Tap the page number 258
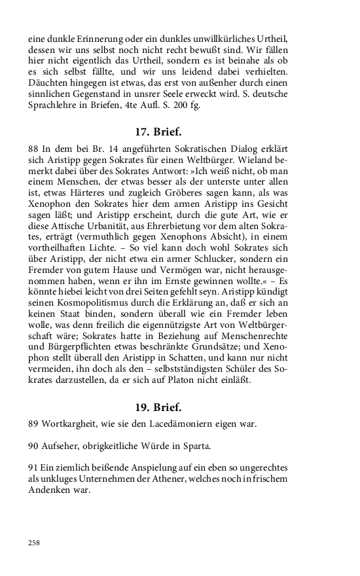pos(34,543)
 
